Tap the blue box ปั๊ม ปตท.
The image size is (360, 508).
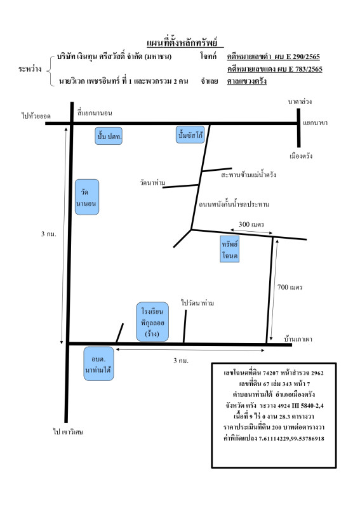click(x=109, y=136)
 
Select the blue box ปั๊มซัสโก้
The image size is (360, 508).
click(x=190, y=135)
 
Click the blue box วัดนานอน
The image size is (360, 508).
click(x=87, y=197)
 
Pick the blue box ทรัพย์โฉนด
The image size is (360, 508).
click(x=230, y=249)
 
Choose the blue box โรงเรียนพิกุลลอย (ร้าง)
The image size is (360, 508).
click(x=152, y=322)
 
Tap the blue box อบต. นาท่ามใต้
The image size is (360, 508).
click(x=98, y=363)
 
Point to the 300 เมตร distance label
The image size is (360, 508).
click(x=251, y=224)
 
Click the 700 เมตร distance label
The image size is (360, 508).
click(x=290, y=287)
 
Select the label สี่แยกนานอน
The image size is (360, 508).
click(x=95, y=113)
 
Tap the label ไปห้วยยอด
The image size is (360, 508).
click(x=36, y=116)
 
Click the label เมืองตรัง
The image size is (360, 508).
click(x=301, y=156)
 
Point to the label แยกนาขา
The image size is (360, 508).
click(x=316, y=123)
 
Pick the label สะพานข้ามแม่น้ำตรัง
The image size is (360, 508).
click(x=248, y=175)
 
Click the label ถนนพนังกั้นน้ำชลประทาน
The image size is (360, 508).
click(x=234, y=204)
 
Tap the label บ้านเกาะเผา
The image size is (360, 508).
click(x=298, y=339)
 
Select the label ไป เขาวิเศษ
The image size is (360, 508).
click(x=68, y=432)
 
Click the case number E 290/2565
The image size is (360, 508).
click(x=303, y=57)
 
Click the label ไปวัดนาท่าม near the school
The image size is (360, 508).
click(x=197, y=303)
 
